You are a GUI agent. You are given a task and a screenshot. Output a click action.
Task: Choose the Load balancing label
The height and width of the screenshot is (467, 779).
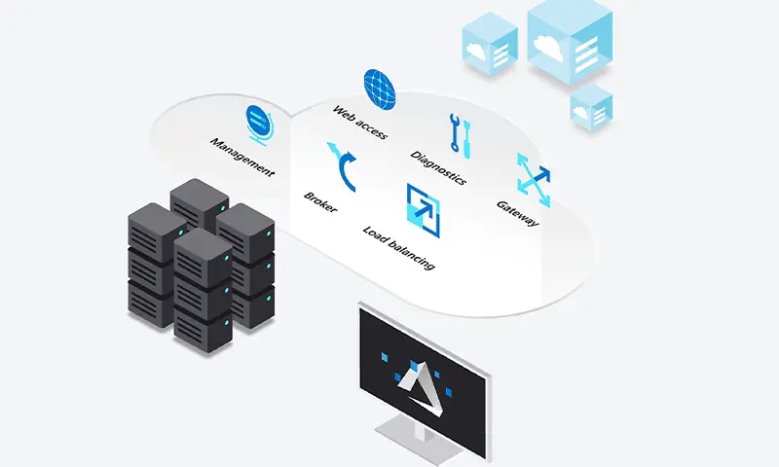[x=398, y=247]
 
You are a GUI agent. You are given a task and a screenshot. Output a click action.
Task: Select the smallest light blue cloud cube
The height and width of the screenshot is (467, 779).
[x=591, y=108]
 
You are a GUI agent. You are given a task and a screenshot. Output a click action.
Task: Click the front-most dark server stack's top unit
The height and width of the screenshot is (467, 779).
[x=203, y=256]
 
